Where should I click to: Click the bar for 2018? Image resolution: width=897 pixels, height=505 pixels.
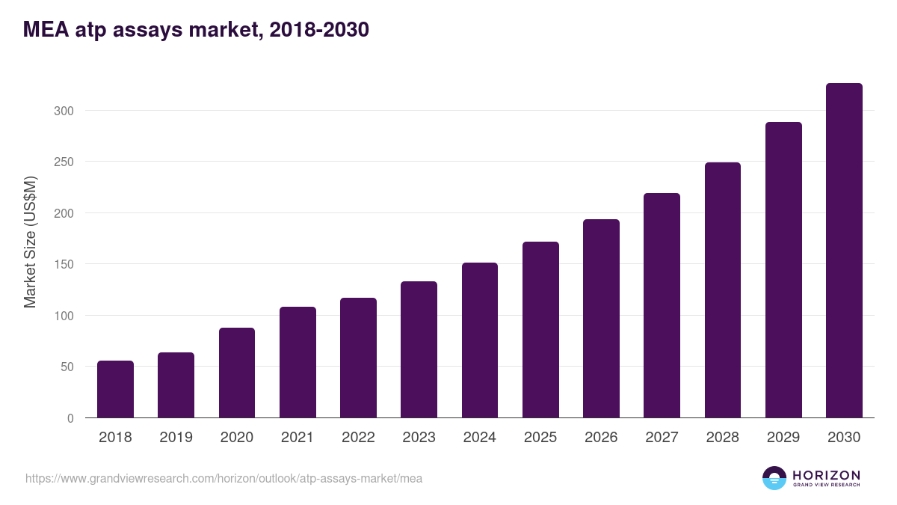pyautogui.click(x=115, y=389)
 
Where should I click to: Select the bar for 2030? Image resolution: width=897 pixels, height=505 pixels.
pyautogui.click(x=844, y=251)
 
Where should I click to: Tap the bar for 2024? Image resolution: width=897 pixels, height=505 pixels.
pyautogui.click(x=480, y=340)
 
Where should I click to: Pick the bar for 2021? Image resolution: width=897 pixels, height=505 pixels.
pyautogui.click(x=298, y=362)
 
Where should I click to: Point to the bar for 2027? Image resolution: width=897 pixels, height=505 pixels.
pyautogui.click(x=662, y=305)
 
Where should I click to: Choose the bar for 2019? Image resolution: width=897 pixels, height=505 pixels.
pyautogui.click(x=176, y=385)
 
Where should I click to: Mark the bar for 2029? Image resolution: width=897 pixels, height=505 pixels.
pyautogui.click(x=783, y=270)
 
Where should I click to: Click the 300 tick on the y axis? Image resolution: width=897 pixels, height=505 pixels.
pyautogui.click(x=65, y=111)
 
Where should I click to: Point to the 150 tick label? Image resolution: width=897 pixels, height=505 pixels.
pyautogui.click(x=65, y=264)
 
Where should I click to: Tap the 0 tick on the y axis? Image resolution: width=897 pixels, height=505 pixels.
pyautogui.click(x=70, y=418)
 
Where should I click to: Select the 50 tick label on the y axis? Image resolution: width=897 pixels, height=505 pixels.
pyautogui.click(x=68, y=367)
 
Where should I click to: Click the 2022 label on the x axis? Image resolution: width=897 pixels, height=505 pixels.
pyautogui.click(x=358, y=438)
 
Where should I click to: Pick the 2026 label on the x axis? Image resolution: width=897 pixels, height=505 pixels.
pyautogui.click(x=601, y=438)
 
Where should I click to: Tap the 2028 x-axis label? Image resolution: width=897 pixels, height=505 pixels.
pyautogui.click(x=723, y=438)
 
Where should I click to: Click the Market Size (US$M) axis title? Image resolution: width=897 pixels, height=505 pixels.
pyautogui.click(x=30, y=242)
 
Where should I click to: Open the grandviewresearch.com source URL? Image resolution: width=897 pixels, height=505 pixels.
pyautogui.click(x=224, y=478)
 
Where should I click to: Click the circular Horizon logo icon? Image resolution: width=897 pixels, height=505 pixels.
pyautogui.click(x=774, y=478)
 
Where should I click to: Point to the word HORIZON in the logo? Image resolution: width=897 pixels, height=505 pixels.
pyautogui.click(x=827, y=475)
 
